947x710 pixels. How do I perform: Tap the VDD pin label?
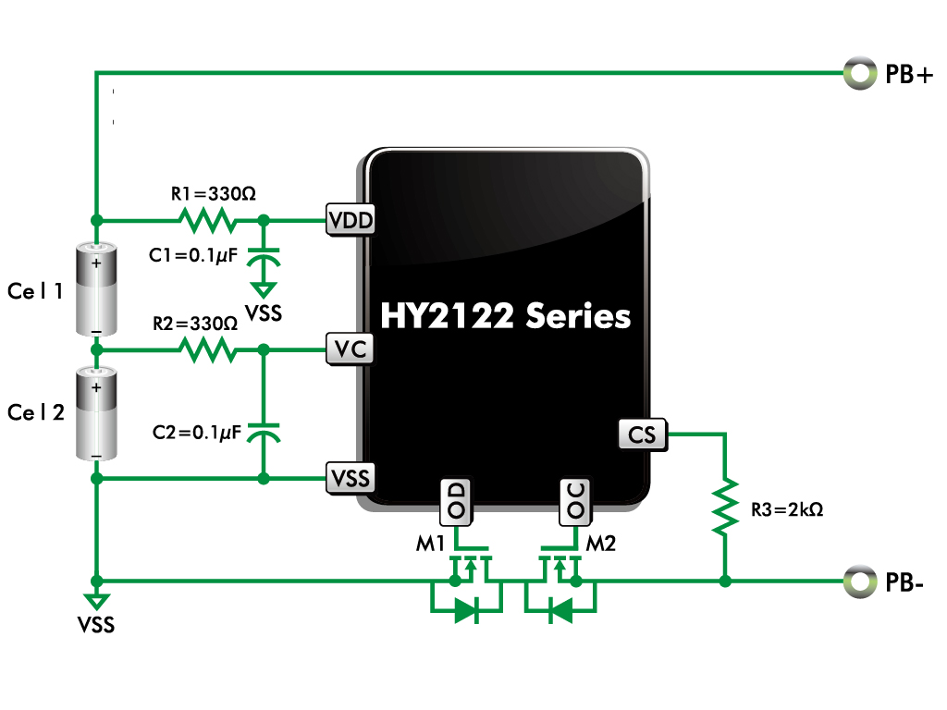[x=351, y=220]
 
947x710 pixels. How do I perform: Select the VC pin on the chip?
[x=350, y=349]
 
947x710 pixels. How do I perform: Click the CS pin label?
[x=643, y=435]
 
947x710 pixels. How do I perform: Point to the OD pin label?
[x=456, y=501]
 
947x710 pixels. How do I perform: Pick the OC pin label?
[x=575, y=501]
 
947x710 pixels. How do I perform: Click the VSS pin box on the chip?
[x=351, y=479]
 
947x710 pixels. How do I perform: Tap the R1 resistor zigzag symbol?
[x=208, y=220]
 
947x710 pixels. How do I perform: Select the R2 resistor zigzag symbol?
[x=208, y=349]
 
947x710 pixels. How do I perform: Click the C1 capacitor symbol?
[x=264, y=257]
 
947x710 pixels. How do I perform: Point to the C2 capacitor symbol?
[x=264, y=432]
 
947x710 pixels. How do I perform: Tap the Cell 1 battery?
[x=96, y=289]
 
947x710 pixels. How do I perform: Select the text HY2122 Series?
[x=506, y=316]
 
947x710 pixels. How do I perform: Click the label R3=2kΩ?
[x=787, y=509]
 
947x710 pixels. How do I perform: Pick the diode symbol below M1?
[x=467, y=610]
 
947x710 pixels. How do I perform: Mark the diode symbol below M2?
[x=560, y=610]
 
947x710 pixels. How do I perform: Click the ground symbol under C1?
[x=264, y=290]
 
